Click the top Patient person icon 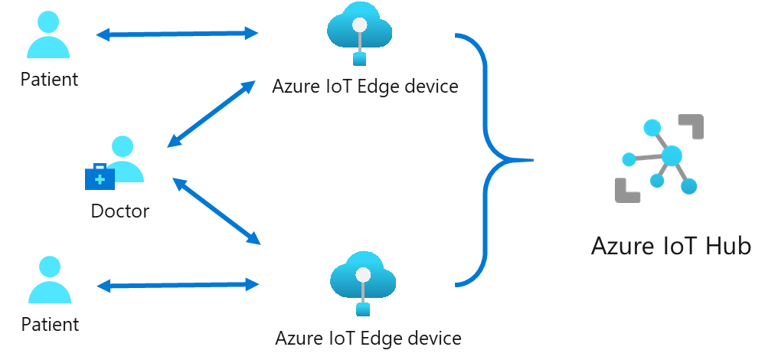48,38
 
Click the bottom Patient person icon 50,282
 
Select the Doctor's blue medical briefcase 100,177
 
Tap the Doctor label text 120,211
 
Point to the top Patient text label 49,79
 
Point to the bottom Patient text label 50,324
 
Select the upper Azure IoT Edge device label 365,87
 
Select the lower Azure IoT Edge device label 368,338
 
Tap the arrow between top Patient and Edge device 178,34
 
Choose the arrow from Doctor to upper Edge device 211,113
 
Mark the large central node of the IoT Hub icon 672,156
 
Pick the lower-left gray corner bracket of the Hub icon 626,191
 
